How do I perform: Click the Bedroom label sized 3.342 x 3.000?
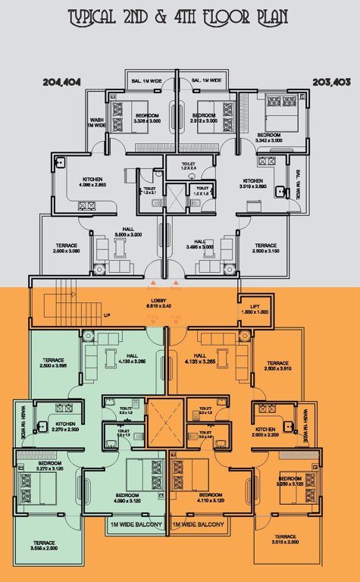coord(269,137)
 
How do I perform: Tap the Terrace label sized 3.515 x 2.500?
coord(285,539)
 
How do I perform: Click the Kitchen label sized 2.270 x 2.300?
coord(66,427)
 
